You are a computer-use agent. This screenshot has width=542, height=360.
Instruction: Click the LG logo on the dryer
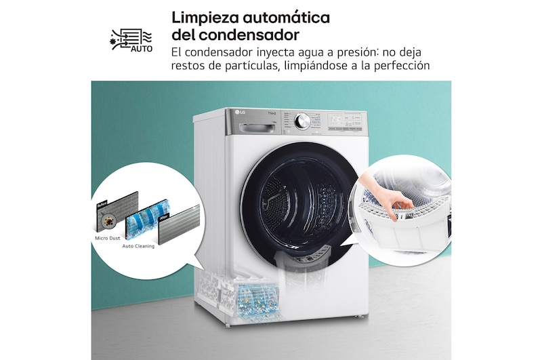(239, 113)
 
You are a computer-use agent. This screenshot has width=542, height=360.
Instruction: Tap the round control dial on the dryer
(302, 121)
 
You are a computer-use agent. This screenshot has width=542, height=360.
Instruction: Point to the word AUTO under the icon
(141, 49)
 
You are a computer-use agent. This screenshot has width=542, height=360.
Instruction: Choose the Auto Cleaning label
(138, 246)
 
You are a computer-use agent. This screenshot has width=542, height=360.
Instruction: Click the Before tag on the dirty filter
(103, 203)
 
